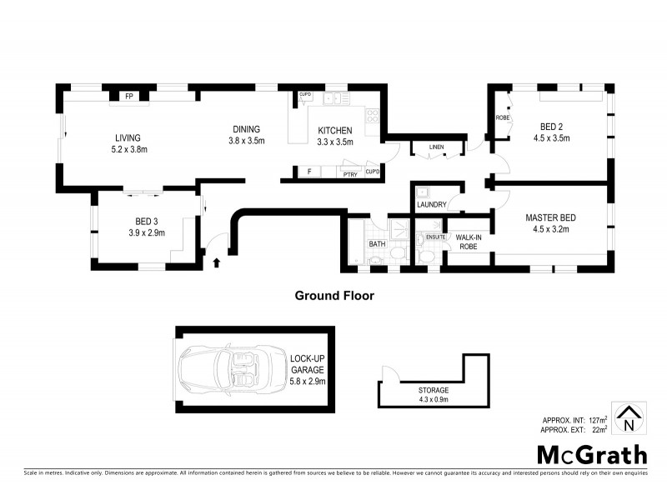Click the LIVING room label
pos(128,138)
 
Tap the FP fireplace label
pos(129,97)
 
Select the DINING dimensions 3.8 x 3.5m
pos(246,141)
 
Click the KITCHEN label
pos(335,131)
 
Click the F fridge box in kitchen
pos(308,172)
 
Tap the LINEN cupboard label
pos(436,147)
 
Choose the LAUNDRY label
pos(432,204)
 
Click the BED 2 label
pos(549,127)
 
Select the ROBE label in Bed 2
pos(503,118)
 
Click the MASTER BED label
pos(550,218)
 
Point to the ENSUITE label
pos(435,237)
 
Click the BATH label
pos(377,244)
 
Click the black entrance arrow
pos(218,262)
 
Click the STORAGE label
pos(434,389)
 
